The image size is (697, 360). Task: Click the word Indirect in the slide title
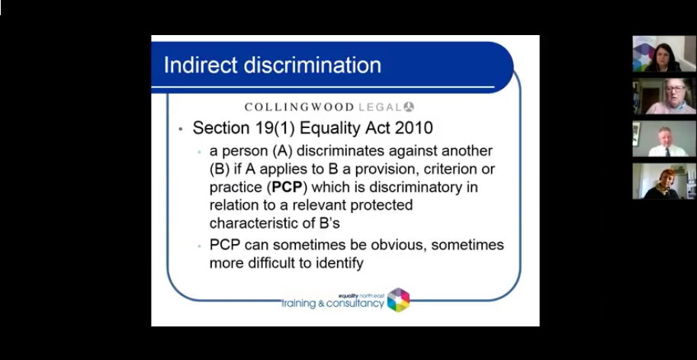click(x=196, y=64)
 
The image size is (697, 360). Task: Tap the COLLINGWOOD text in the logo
click(x=299, y=107)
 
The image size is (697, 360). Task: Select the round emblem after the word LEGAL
click(x=409, y=107)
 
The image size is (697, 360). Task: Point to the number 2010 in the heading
click(x=407, y=127)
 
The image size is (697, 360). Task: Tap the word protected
click(x=377, y=205)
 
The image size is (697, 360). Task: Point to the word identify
click(x=336, y=263)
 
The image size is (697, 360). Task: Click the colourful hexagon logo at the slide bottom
click(x=398, y=300)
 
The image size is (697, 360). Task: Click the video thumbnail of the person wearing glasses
click(x=664, y=96)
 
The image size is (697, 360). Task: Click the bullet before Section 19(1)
click(x=180, y=129)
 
